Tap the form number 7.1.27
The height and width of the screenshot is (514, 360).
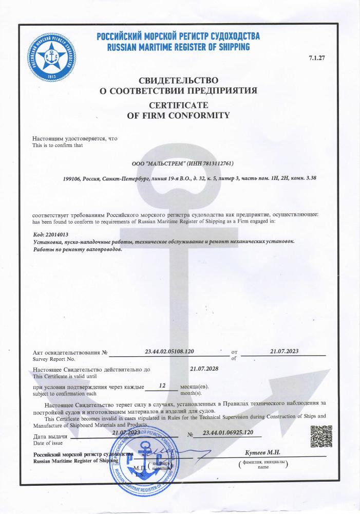[317, 58]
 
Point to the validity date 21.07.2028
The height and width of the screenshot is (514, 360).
[204, 369]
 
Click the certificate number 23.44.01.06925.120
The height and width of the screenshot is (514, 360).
[228, 434]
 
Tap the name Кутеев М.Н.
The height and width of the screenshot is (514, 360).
[262, 452]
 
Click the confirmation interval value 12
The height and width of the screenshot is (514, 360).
[162, 385]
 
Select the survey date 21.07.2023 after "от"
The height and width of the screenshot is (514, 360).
[284, 351]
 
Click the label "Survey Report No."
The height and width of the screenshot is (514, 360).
[54, 359]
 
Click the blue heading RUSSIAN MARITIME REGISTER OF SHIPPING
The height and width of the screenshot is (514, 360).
[178, 47]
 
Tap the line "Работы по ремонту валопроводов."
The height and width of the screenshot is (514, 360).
[78, 249]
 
